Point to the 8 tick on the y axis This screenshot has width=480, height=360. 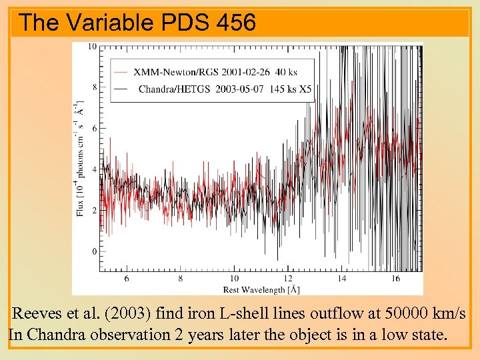click(x=94, y=87)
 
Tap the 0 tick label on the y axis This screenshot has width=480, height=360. click(x=94, y=251)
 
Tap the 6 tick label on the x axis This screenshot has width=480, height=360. click(x=127, y=278)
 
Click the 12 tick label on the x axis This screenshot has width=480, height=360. click(x=287, y=278)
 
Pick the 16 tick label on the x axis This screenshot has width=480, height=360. click(x=395, y=278)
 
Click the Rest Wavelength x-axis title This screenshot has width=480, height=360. click(x=261, y=289)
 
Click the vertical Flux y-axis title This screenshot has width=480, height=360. click(x=80, y=160)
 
